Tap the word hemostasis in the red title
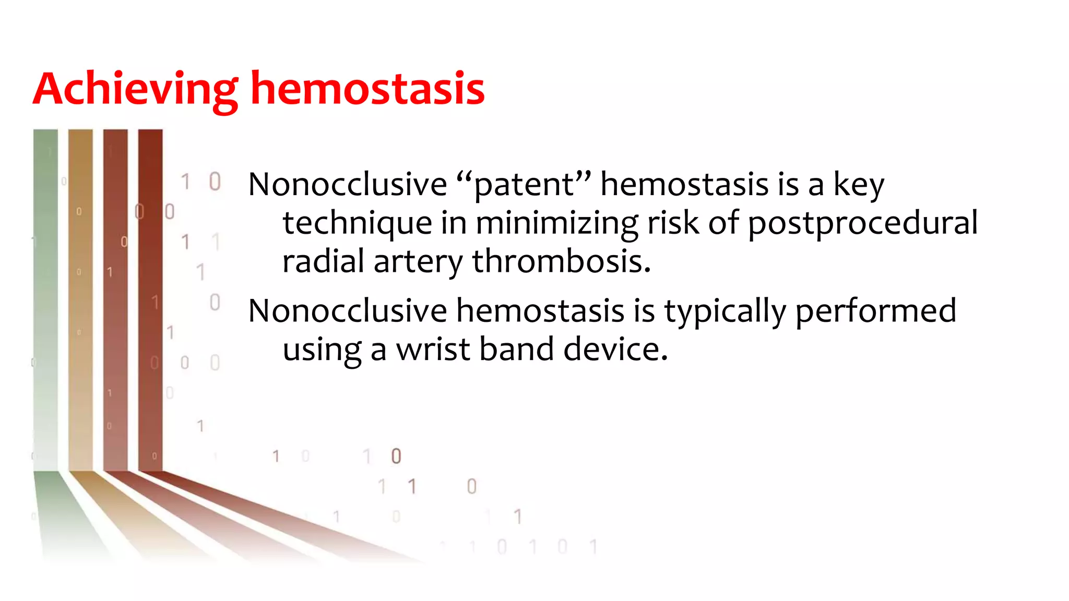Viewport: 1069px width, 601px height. (367, 89)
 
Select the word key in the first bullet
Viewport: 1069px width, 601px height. (859, 185)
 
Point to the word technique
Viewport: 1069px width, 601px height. (357, 224)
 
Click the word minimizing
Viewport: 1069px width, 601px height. (556, 224)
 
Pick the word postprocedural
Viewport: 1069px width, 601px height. (862, 224)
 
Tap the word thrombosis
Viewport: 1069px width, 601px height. (562, 261)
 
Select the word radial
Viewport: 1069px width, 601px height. (323, 261)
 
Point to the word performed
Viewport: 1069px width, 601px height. (875, 311)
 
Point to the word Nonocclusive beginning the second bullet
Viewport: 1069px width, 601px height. (348, 311)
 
